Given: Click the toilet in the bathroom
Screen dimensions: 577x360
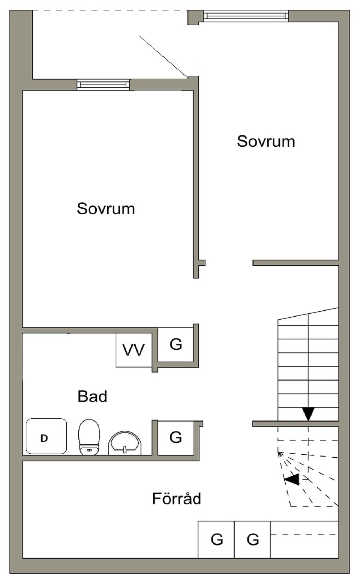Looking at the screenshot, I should tap(89, 437).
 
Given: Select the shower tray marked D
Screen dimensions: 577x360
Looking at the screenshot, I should tap(46, 436).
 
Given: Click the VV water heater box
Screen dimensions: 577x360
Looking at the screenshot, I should tap(133, 350).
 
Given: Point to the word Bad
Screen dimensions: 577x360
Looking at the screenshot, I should tap(92, 397).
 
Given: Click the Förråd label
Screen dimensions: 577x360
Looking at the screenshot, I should tap(176, 499).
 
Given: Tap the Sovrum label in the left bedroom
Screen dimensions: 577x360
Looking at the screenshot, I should tap(106, 209).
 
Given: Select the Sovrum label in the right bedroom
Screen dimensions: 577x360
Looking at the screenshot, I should tap(266, 141).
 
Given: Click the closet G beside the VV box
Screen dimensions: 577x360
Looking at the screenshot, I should tap(175, 344).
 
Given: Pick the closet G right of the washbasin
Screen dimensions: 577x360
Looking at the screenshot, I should tap(175, 437).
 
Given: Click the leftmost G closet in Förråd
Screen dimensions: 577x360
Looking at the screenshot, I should tap(217, 539).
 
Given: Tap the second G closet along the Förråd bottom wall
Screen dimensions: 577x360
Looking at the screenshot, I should tap(253, 539).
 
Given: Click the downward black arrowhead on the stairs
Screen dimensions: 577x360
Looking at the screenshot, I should tap(308, 413).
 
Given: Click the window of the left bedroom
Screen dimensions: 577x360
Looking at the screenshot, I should tap(103, 84).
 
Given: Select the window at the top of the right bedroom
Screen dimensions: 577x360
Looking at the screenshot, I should tap(246, 16).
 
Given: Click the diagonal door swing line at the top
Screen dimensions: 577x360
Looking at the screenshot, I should tap(163, 57).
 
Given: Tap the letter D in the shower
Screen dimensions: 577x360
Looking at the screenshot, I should tap(44, 438).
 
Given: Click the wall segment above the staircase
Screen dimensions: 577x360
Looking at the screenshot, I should tap(295, 263).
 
